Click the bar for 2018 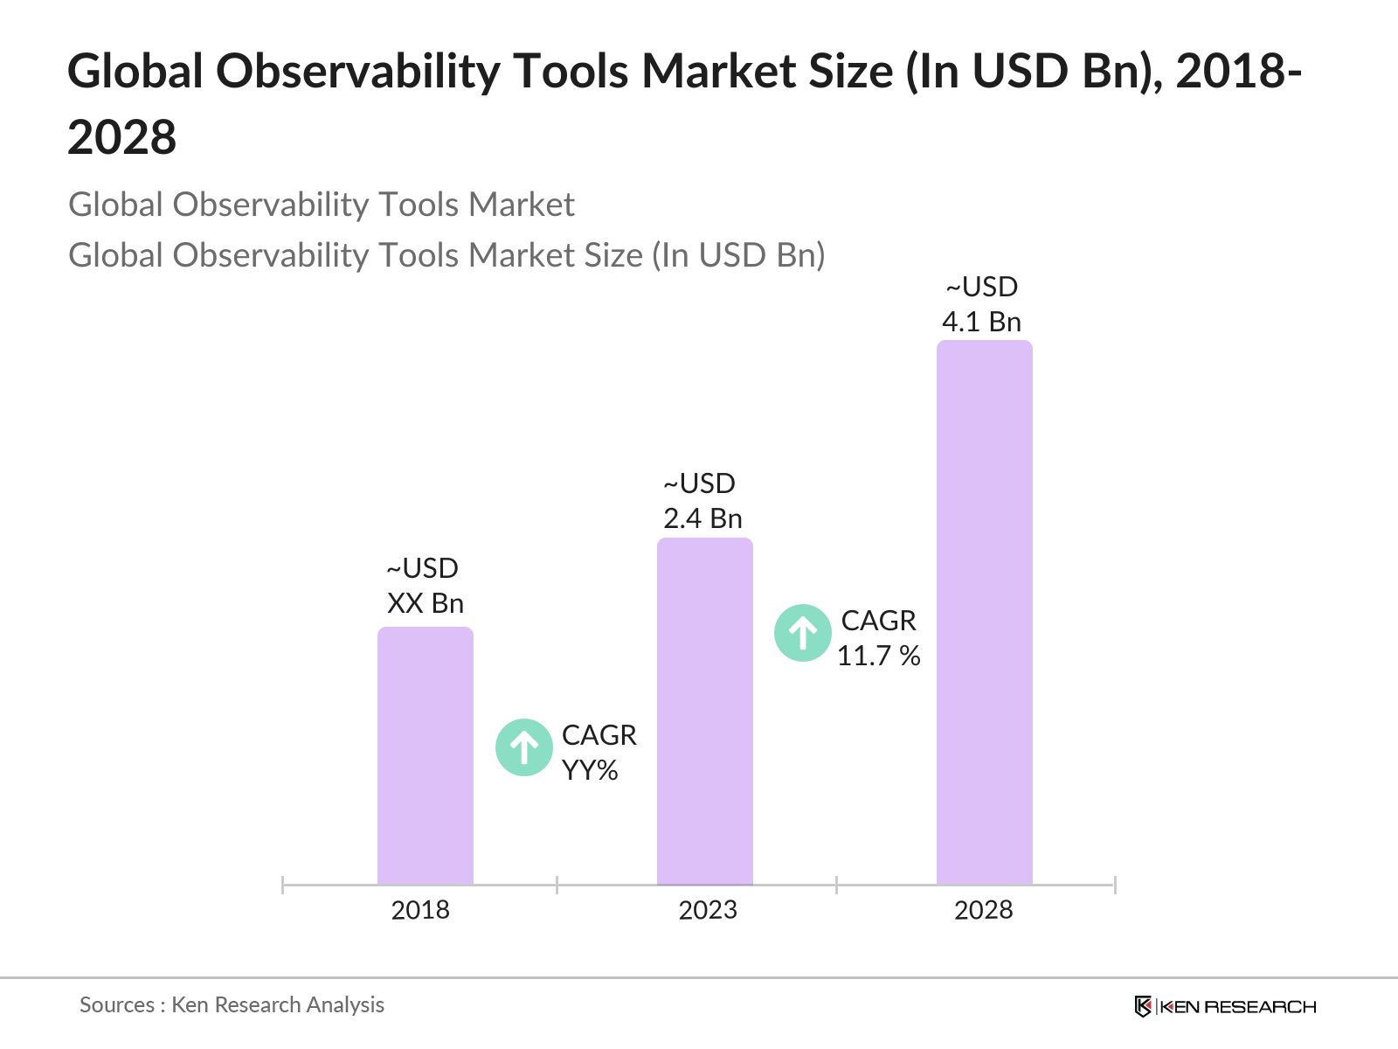tap(426, 756)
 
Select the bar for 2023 tap(705, 712)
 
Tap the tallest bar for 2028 tap(985, 612)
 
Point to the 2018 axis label tap(420, 910)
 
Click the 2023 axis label tap(708, 910)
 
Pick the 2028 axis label tap(984, 910)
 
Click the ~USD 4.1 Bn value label tap(982, 304)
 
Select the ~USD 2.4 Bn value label tap(702, 501)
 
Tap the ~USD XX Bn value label tap(425, 586)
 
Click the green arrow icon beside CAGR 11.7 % tap(802, 633)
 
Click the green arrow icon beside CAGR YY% tap(523, 747)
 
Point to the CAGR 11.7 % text tap(879, 638)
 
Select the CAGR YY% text tap(599, 753)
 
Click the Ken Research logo tap(1225, 1006)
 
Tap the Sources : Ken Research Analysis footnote tap(232, 1004)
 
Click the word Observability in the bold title tap(357, 72)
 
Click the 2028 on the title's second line tap(122, 138)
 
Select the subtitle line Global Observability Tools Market tap(322, 205)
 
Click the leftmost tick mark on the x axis tap(283, 885)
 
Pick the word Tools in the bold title tap(571, 72)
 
